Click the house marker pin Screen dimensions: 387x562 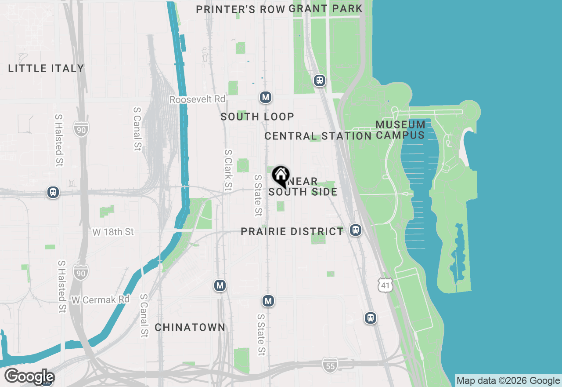click(281, 176)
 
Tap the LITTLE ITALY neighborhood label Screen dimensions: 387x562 click(46, 68)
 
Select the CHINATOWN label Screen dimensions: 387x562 click(190, 328)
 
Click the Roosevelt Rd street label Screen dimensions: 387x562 click(197, 99)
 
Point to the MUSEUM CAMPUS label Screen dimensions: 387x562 click(400, 130)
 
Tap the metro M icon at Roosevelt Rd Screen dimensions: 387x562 click(265, 97)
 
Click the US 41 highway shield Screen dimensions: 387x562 click(385, 285)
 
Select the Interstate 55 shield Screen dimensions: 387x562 click(330, 365)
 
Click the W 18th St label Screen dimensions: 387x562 click(113, 232)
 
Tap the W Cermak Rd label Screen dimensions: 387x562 click(101, 300)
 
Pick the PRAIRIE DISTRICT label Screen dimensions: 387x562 click(292, 231)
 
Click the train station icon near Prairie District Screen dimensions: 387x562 click(356, 230)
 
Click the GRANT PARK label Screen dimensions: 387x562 click(326, 8)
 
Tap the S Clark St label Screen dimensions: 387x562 click(228, 171)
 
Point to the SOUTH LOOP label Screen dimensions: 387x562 click(257, 117)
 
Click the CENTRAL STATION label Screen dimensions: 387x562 click(318, 136)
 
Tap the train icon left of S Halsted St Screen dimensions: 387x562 click(53, 192)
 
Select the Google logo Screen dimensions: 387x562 click(29, 377)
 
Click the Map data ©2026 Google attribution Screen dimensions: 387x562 click(508, 381)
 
